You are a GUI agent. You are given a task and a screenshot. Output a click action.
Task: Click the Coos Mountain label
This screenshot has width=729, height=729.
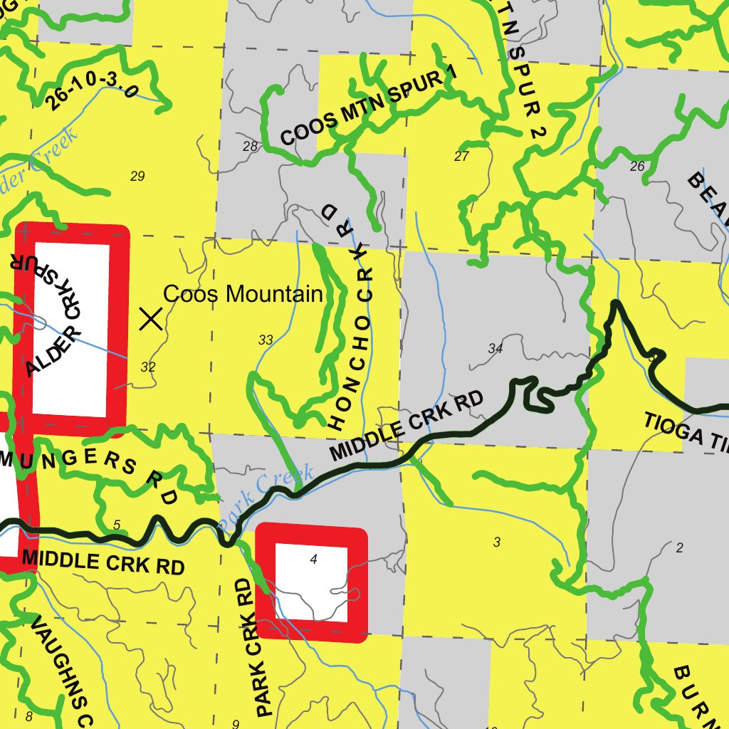pos(243,294)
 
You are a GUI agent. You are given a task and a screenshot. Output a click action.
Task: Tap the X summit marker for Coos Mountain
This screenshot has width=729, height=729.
pos(150,319)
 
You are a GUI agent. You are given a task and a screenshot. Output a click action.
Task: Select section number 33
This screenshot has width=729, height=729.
pos(266,340)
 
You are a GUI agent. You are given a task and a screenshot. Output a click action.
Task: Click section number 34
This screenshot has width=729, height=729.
pos(495,348)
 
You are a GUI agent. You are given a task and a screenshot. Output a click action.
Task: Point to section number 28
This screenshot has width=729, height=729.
pos(250,147)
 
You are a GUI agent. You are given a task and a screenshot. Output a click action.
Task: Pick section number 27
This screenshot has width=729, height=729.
pos(461,157)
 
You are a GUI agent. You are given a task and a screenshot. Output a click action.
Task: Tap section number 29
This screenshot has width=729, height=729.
pos(137,177)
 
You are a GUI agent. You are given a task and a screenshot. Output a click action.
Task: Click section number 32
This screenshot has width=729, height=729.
pos(148,367)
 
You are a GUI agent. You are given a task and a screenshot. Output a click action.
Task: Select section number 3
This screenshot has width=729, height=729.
pos(497,542)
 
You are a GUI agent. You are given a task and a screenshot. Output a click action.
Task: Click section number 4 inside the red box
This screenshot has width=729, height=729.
pos(313,560)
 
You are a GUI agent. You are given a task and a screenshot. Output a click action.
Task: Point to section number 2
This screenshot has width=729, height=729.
pos(679,547)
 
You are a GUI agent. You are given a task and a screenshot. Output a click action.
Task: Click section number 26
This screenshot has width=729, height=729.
pos(637,167)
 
